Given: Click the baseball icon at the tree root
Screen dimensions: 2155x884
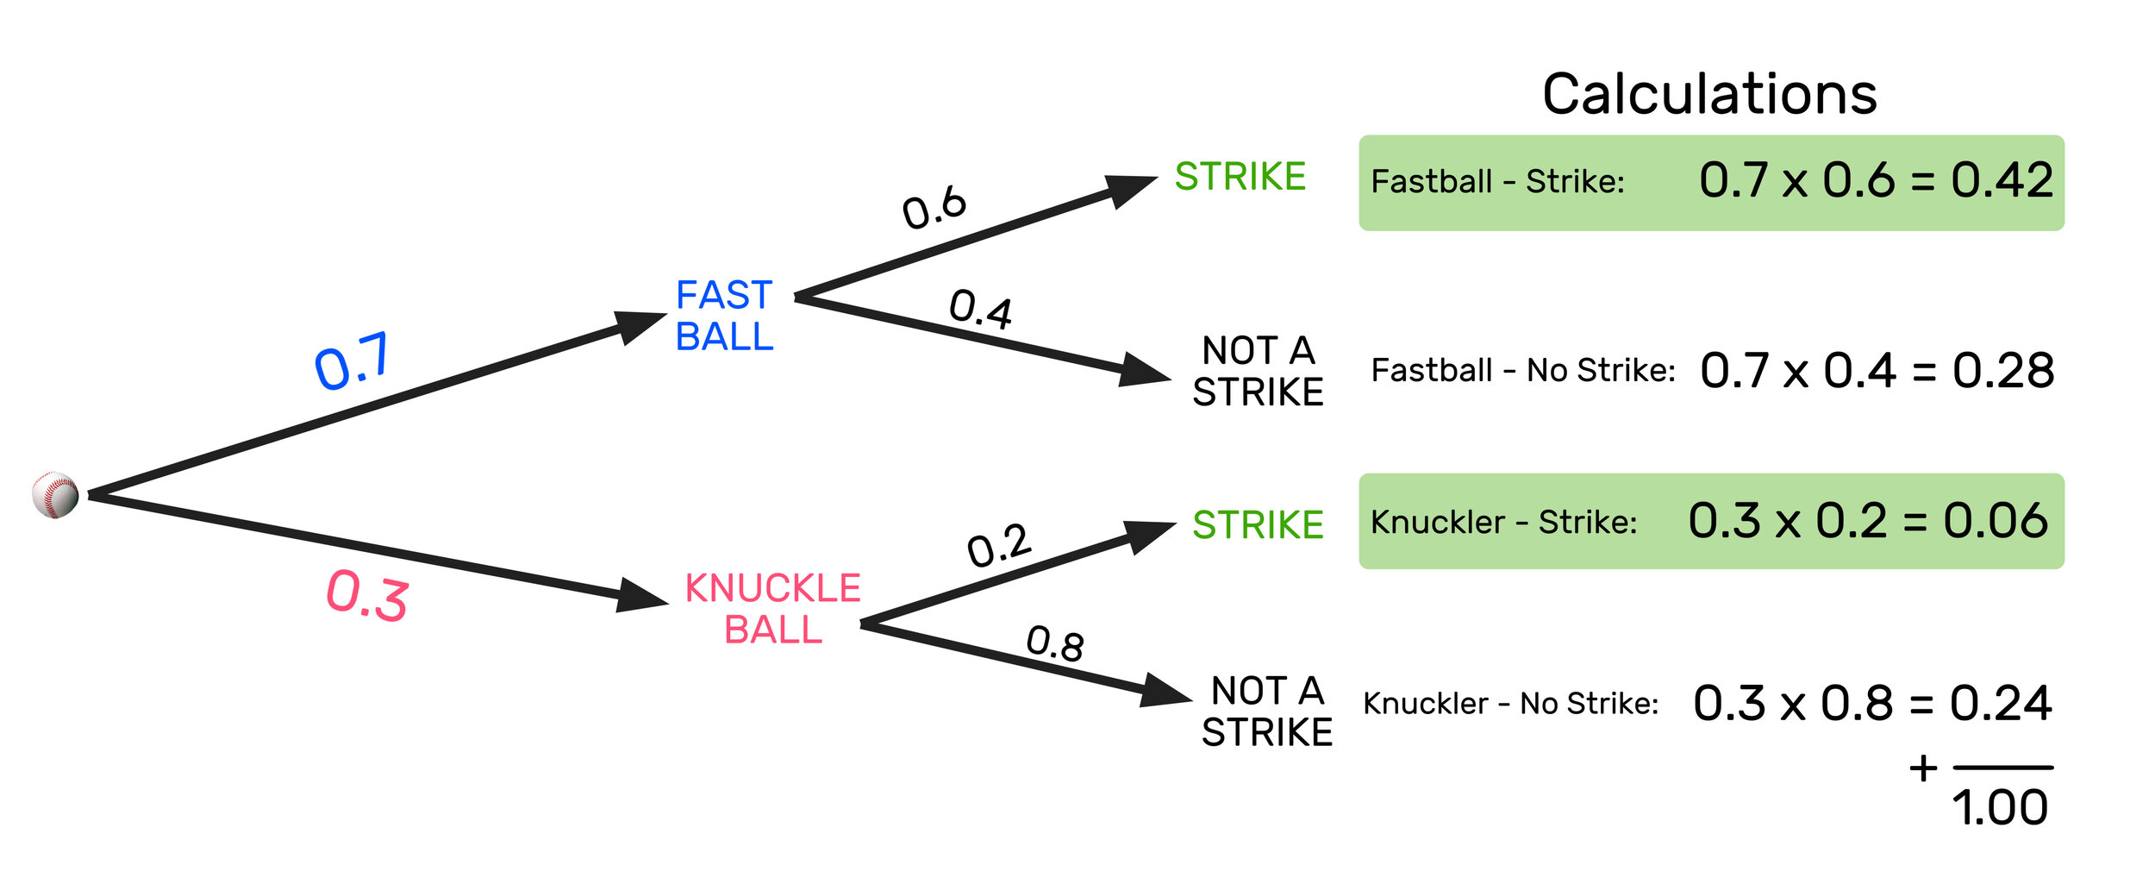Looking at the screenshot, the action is (55, 495).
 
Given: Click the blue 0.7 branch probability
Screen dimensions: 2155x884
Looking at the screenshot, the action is (353, 361).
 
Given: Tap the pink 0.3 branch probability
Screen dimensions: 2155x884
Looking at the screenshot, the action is (367, 595).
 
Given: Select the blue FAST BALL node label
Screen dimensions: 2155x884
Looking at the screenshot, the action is (724, 316).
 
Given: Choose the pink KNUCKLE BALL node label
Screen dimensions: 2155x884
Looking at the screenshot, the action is (773, 609).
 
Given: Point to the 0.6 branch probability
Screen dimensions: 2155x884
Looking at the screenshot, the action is (934, 207).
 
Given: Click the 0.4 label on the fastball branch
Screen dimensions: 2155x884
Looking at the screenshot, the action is (981, 309).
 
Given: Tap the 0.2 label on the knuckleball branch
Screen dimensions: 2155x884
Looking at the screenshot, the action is (999, 546).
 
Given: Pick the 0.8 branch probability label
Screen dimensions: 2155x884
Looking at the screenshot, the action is (1055, 643).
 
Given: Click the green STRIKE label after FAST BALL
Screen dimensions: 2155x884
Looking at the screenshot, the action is (1240, 177).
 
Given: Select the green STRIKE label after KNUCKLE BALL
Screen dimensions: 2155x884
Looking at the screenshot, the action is (1258, 525).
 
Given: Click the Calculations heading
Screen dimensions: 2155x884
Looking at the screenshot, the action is (1709, 94).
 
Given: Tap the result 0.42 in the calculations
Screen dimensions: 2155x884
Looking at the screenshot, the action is (2002, 180).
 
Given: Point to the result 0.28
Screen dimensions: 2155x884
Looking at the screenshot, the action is (2003, 371).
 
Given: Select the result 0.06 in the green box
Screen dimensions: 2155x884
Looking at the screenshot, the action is (1996, 521).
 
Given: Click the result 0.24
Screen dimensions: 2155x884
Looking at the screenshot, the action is (2001, 704).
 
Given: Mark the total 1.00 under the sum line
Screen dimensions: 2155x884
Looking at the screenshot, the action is (2000, 808).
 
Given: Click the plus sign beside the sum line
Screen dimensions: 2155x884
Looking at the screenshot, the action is (1923, 768).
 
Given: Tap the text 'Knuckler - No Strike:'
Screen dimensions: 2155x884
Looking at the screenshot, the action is (1510, 704).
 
